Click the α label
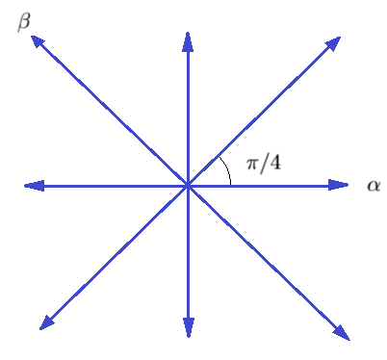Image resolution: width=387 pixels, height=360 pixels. (374, 185)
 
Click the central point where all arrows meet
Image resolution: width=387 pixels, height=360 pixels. (187, 186)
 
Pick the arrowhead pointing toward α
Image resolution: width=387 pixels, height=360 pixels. (339, 186)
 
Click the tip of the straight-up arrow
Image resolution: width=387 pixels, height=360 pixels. (187, 37)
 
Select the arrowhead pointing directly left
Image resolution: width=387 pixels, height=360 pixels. (33, 186)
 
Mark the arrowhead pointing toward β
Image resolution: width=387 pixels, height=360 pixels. (38, 40)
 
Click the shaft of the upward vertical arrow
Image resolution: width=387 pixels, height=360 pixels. (187, 111)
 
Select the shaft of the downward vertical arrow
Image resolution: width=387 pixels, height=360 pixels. (187, 260)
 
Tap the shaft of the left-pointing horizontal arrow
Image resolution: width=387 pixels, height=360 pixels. (106, 186)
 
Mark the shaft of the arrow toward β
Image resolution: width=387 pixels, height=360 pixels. (111, 112)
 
